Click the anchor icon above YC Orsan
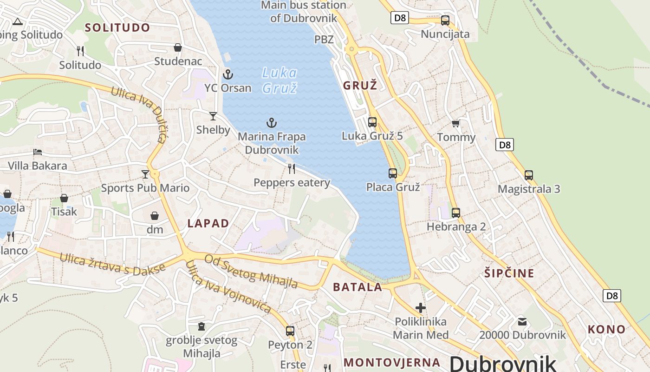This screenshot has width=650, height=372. (x=227, y=74)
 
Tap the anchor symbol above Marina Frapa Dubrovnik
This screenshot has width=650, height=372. (x=272, y=123)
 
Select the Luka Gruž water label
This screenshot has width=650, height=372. (x=279, y=80)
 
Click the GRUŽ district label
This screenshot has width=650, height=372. (x=360, y=86)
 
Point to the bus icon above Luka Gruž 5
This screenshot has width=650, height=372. (x=372, y=122)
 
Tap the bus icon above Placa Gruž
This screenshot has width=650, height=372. (x=393, y=173)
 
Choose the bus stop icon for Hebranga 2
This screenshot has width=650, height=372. (x=456, y=213)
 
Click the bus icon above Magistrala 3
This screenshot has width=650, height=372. (x=529, y=175)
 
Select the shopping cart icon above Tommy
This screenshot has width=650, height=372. (x=456, y=124)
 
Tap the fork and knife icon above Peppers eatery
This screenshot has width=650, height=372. (x=292, y=168)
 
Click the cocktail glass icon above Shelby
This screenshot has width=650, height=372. (x=213, y=116)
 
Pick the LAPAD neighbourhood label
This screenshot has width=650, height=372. (x=208, y=223)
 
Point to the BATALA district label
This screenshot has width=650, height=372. (x=357, y=287)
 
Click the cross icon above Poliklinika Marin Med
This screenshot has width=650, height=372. (x=421, y=308)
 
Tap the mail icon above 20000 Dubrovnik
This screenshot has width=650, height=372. (x=522, y=321)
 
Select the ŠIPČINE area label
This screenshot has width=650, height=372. (x=509, y=273)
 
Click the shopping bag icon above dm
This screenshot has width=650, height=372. (x=155, y=216)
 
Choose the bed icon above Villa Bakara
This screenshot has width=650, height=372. (x=38, y=152)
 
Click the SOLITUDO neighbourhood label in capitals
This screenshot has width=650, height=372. (x=117, y=27)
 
